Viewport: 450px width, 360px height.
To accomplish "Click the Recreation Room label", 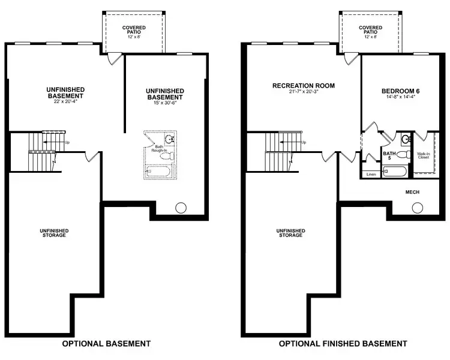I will [304, 86].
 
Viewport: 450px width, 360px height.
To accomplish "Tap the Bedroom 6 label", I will [401, 91].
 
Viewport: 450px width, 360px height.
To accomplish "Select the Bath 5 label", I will [390, 156].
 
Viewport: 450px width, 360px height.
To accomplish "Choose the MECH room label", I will [412, 192].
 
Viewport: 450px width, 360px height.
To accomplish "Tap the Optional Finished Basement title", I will [343, 344].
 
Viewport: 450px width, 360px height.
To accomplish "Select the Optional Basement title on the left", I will [107, 344].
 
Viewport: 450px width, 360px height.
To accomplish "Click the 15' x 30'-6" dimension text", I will [164, 103].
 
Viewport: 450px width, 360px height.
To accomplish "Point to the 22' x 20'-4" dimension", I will [65, 101].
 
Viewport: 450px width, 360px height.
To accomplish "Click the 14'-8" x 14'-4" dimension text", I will [401, 98].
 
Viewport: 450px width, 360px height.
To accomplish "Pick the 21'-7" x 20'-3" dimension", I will [304, 92].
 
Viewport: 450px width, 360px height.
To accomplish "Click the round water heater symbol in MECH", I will [417, 208].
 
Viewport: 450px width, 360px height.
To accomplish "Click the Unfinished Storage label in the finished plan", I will [290, 233].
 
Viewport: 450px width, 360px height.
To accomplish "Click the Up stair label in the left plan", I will [67, 142].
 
